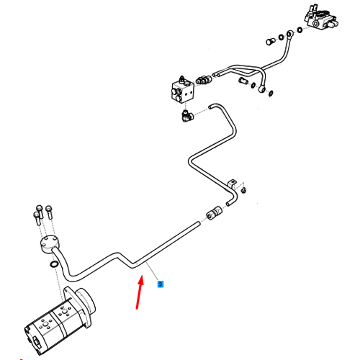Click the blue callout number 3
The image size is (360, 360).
161,284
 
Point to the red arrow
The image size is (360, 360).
140,292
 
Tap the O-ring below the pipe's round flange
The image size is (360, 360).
53,264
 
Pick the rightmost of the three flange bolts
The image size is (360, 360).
49,212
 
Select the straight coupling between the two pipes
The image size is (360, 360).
215,212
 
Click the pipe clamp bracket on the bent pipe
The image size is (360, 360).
232,184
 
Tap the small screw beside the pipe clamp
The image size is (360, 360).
244,190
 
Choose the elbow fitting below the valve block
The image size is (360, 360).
188,116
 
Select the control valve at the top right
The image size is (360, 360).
320,17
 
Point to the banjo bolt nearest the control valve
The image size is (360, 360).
271,42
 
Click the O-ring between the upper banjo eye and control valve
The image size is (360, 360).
300,30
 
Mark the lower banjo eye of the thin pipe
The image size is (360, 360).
261,89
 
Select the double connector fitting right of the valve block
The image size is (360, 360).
204,79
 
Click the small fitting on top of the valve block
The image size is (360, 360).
182,79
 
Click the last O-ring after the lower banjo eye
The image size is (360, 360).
271,93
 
